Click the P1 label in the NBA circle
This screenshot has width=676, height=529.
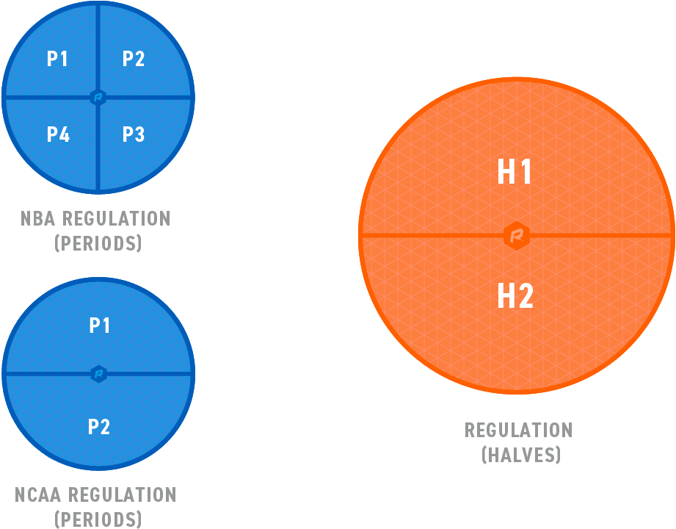[x=57, y=59]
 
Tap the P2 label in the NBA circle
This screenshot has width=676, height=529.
[x=134, y=59]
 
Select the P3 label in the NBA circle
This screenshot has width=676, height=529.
[x=134, y=134]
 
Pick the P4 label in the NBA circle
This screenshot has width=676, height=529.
[x=58, y=134]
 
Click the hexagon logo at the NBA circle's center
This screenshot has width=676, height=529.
[x=98, y=97]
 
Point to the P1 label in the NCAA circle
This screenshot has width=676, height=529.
[x=99, y=325]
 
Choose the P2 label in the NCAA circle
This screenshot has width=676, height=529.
[x=99, y=426]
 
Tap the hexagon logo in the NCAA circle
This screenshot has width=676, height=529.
[x=99, y=374]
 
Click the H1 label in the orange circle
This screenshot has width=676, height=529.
[x=515, y=173]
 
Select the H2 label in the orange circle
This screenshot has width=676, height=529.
[x=515, y=297]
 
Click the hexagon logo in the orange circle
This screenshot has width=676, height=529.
[x=517, y=235]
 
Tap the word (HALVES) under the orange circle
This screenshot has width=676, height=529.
[x=520, y=455]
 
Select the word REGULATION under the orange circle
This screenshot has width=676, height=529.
[x=518, y=430]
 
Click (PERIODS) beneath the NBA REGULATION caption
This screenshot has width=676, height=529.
[x=98, y=243]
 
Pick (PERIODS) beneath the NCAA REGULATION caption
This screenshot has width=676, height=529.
[x=98, y=519]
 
